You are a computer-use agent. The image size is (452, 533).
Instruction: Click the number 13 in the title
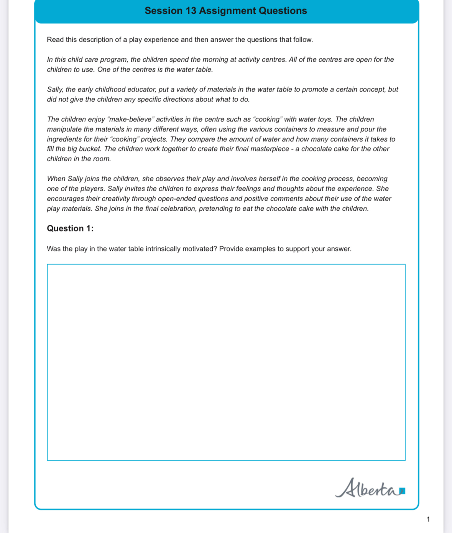pyautogui.click(x=191, y=11)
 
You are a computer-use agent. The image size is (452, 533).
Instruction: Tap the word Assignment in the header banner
pyautogui.click(x=227, y=11)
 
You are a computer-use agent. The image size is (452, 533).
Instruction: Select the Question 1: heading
pyautogui.click(x=70, y=228)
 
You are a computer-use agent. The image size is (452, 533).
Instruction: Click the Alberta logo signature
pyautogui.click(x=366, y=488)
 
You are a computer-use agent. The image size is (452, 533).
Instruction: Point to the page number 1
pyautogui.click(x=428, y=519)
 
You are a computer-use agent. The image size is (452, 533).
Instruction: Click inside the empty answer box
pyautogui.click(x=226, y=362)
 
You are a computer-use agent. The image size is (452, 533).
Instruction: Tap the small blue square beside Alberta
pyautogui.click(x=402, y=491)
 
